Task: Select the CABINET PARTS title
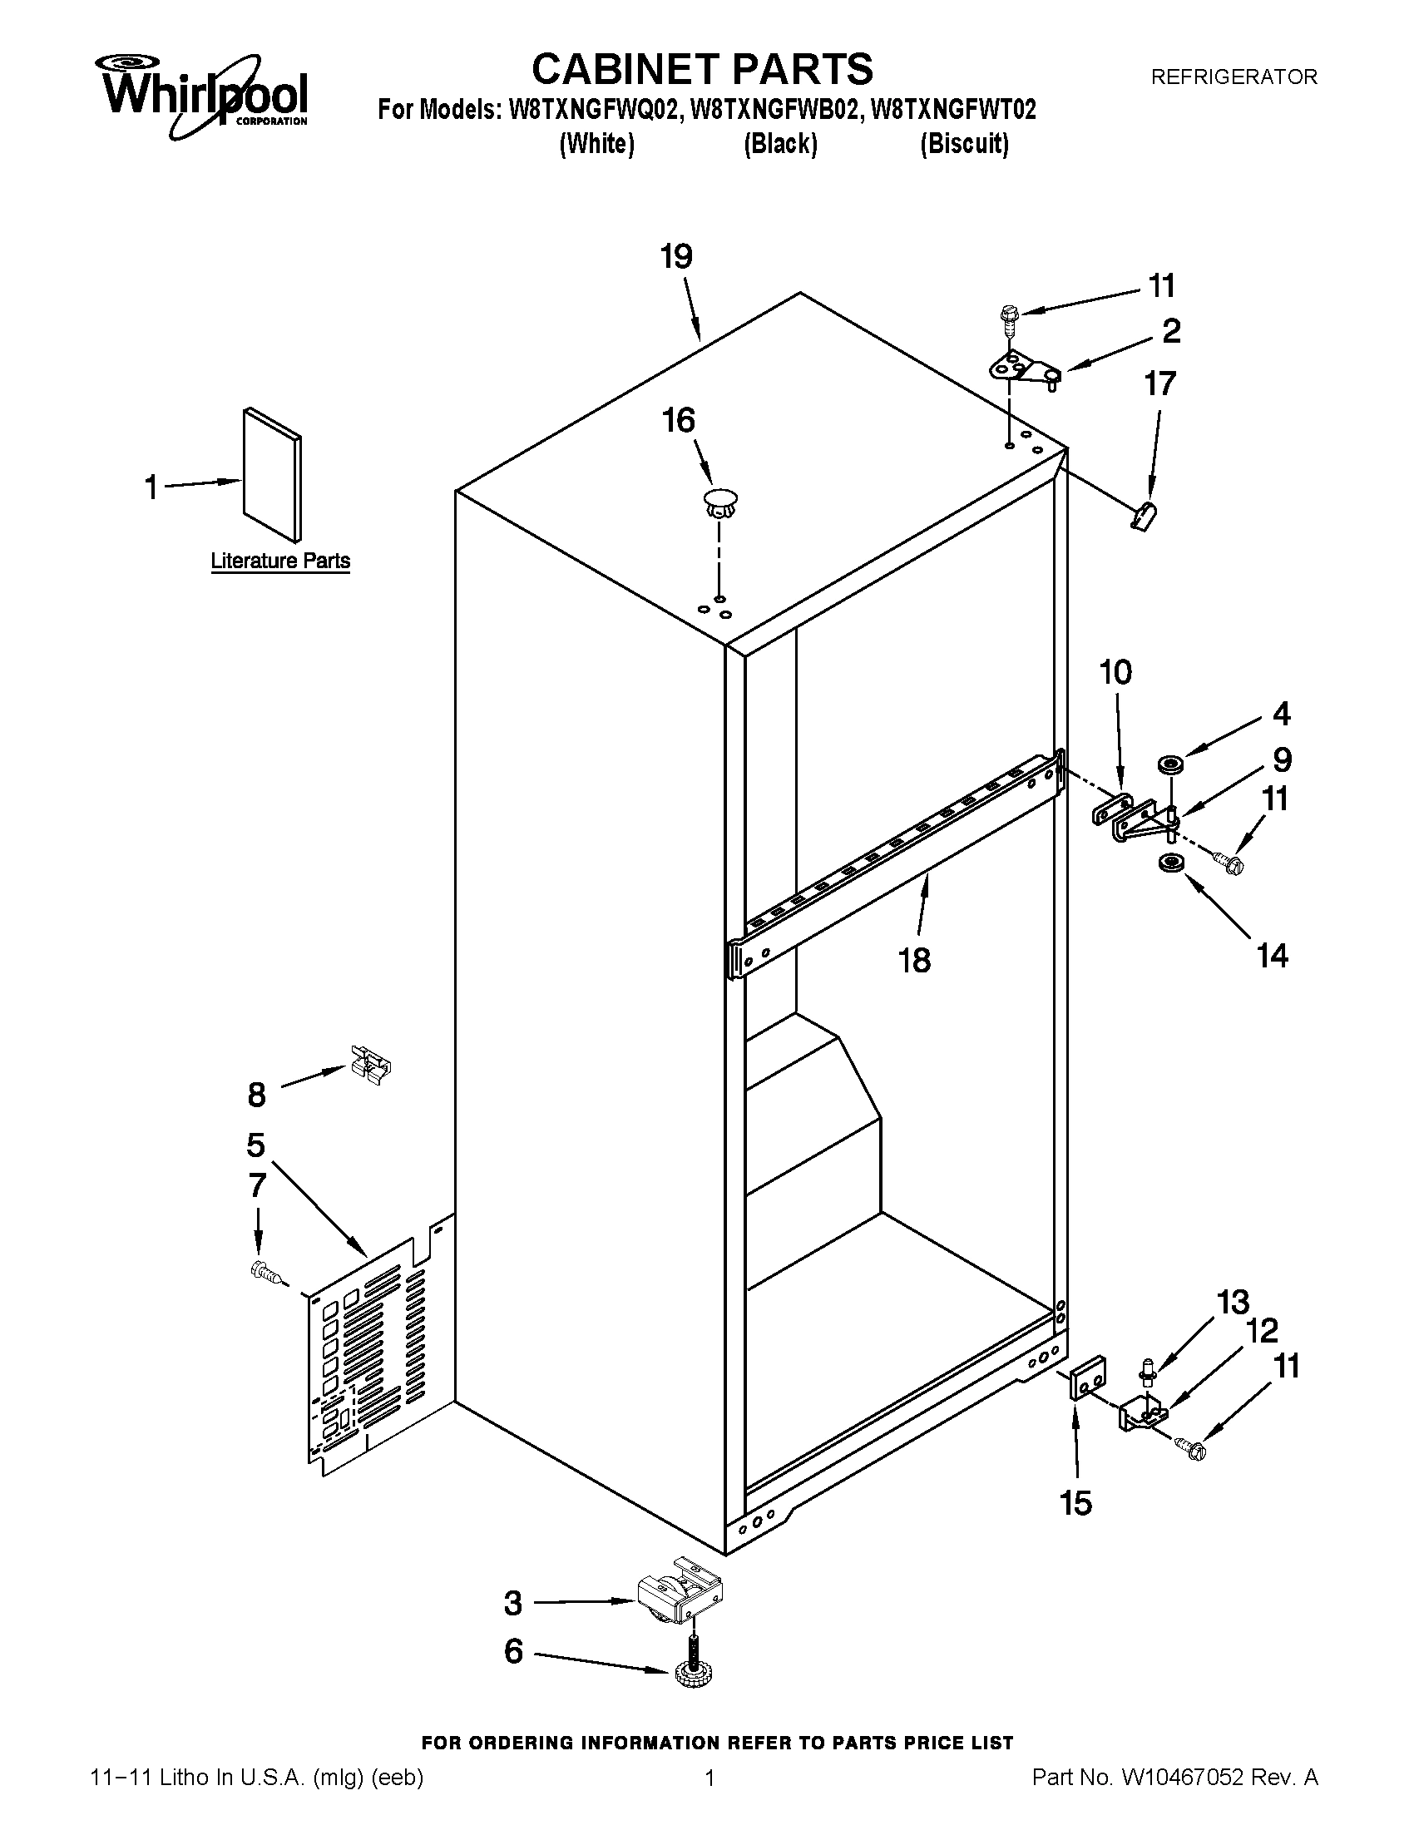click(x=702, y=69)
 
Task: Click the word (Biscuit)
click(x=963, y=144)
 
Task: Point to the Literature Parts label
click(x=279, y=561)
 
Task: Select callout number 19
click(x=676, y=256)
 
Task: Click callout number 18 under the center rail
click(x=914, y=960)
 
